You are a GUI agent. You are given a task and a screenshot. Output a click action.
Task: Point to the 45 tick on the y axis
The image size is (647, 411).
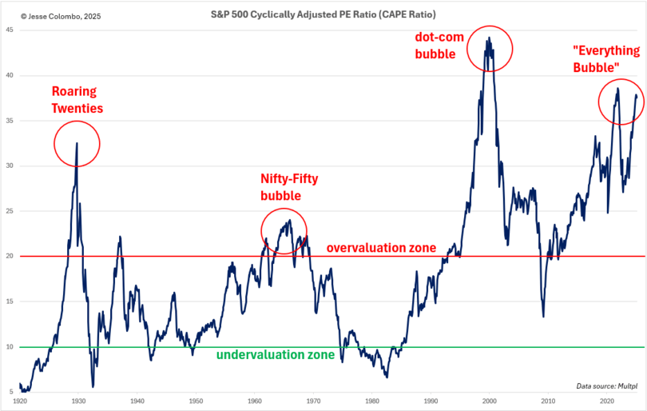point(9,30)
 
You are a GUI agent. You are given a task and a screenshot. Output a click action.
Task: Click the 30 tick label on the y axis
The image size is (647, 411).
point(9,166)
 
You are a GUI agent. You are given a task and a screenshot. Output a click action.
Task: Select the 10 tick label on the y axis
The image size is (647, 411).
point(9,347)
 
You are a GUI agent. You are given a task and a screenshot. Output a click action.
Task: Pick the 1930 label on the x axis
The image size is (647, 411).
point(78,400)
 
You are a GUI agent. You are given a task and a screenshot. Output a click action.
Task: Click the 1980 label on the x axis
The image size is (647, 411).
point(371,400)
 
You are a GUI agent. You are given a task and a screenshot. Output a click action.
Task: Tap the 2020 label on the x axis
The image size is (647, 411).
point(606,400)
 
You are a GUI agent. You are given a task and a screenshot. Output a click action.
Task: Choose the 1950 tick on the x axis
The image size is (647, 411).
point(196,400)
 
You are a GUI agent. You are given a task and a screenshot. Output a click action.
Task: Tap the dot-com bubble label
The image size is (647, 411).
point(436,46)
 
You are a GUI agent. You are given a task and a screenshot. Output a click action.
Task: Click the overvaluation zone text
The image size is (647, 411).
point(382,248)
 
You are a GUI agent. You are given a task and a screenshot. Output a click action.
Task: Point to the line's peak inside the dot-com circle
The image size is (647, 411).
point(488,38)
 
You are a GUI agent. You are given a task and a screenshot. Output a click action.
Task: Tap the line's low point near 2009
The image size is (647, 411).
point(543,317)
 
